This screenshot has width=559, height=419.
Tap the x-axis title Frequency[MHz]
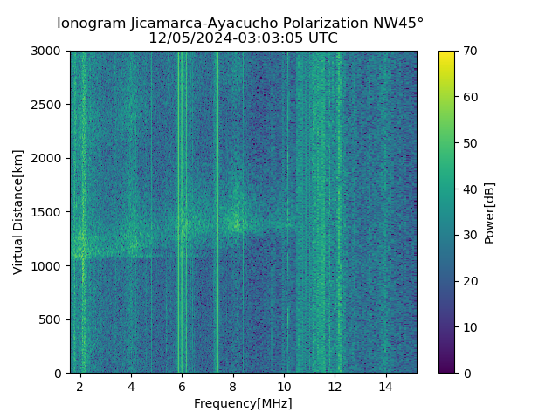tap(243, 403)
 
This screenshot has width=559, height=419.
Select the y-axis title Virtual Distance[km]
tap(18, 212)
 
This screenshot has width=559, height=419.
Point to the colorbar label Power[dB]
tap(490, 212)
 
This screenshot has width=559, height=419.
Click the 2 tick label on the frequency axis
tap(80, 385)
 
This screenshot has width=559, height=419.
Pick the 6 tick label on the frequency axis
tap(182, 385)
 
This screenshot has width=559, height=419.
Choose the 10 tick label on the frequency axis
tap(284, 385)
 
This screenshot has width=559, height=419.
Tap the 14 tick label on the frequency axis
tap(385, 385)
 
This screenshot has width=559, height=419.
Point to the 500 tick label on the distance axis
tap(52, 319)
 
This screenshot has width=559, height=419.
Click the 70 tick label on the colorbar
tap(470, 52)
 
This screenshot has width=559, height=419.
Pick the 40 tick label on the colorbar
tap(470, 189)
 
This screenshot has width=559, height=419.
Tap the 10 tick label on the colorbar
tap(470, 327)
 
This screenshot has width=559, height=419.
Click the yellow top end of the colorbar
tap(446, 54)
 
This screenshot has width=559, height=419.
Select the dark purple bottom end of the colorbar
tap(446, 370)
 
